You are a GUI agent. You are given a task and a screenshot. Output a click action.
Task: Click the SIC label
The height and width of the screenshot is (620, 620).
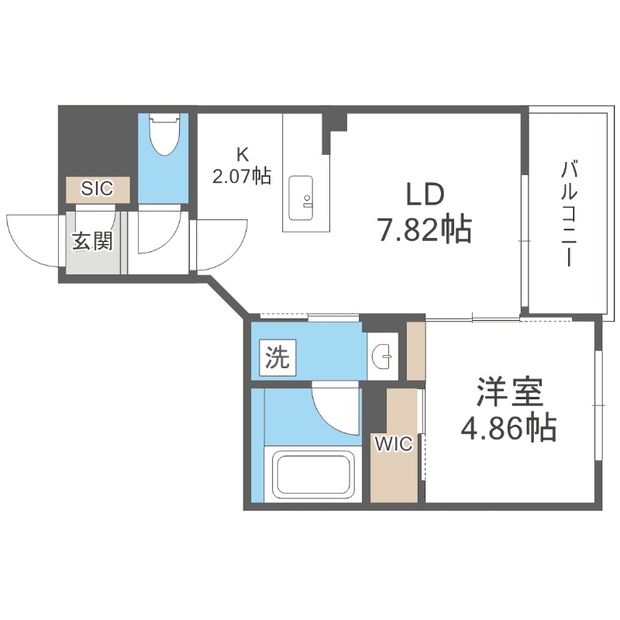click(x=98, y=188)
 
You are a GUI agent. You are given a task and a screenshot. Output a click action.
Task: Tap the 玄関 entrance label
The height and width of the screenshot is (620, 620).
click(x=93, y=241)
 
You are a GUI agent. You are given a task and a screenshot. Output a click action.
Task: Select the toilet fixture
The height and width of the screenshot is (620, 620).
click(x=164, y=135)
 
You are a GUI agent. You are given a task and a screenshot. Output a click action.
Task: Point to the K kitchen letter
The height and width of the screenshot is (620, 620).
click(x=242, y=154)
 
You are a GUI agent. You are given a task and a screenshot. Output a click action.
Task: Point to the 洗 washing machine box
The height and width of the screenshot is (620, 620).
click(x=277, y=357)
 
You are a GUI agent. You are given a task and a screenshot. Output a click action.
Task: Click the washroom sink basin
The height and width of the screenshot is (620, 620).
click(x=382, y=356)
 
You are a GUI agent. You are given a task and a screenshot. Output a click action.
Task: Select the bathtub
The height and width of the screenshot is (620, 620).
click(x=310, y=475)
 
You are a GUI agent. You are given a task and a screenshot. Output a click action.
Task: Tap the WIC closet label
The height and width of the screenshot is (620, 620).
click(x=394, y=444)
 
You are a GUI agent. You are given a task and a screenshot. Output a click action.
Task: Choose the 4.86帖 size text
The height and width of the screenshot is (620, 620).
click(x=508, y=427)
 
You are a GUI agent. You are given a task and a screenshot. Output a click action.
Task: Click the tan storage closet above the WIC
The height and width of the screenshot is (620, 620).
click(x=416, y=350)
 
